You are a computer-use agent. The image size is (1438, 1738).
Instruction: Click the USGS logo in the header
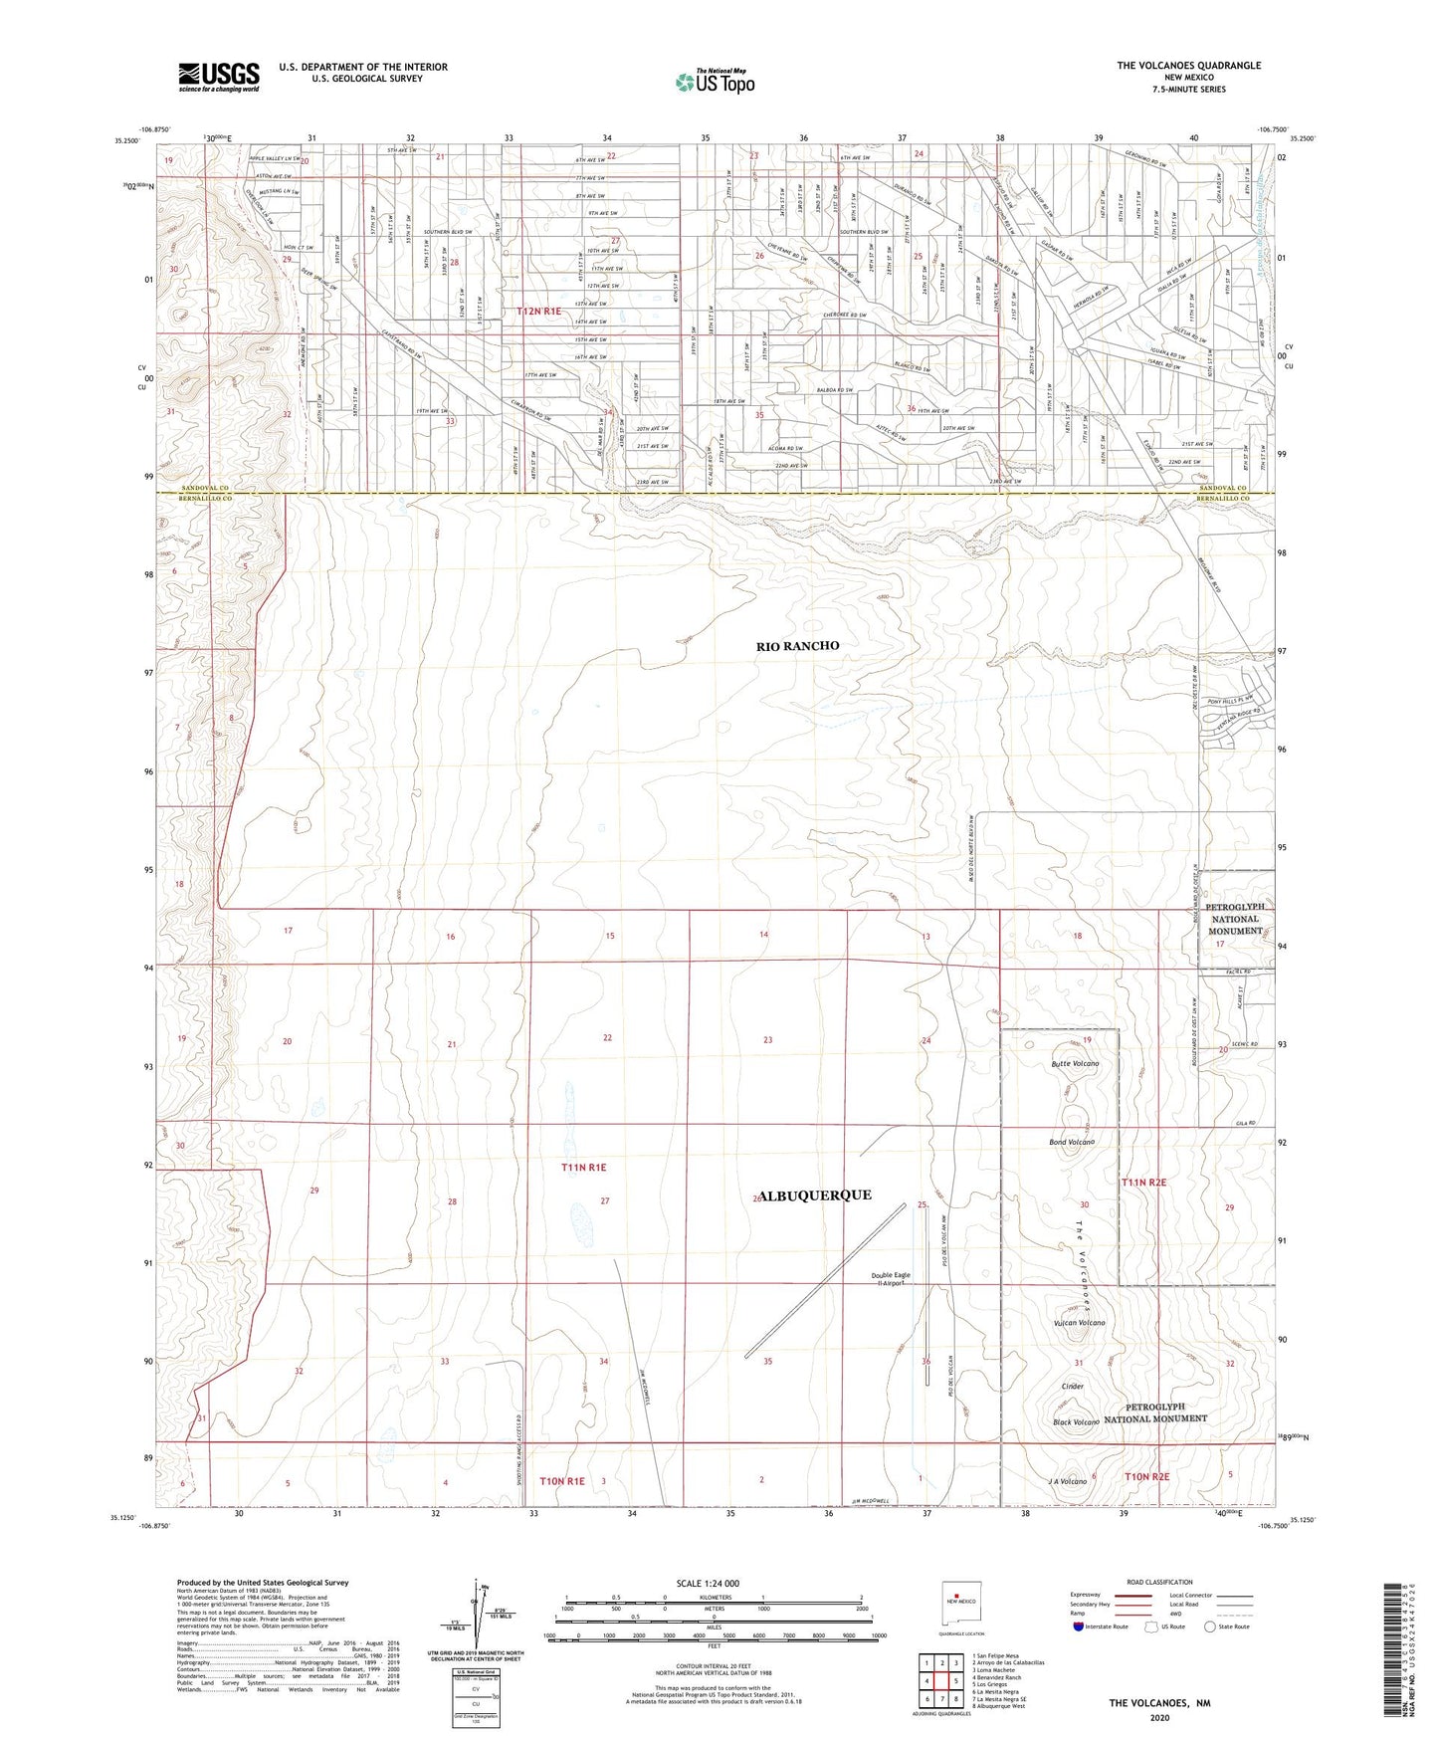(x=218, y=77)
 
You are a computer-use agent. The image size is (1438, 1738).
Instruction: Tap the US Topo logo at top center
(x=714, y=82)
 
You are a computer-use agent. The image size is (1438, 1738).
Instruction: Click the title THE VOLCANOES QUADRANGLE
(x=1188, y=66)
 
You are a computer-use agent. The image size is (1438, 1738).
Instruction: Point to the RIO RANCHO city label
(x=797, y=646)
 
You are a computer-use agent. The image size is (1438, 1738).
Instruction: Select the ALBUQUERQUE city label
(x=816, y=1195)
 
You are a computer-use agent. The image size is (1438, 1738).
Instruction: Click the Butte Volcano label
(x=1075, y=1064)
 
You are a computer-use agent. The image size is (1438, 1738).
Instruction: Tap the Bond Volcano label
(x=1072, y=1142)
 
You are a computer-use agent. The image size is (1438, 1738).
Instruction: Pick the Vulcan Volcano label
(x=1079, y=1323)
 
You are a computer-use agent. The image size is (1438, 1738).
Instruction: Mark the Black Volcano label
(x=1075, y=1422)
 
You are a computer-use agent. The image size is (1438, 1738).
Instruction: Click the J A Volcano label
(x=1067, y=1482)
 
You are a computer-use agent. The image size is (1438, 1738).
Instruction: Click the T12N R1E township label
(x=538, y=312)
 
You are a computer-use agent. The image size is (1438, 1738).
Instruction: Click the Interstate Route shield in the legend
(x=1079, y=1627)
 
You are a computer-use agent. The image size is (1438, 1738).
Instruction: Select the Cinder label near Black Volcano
(x=1072, y=1386)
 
